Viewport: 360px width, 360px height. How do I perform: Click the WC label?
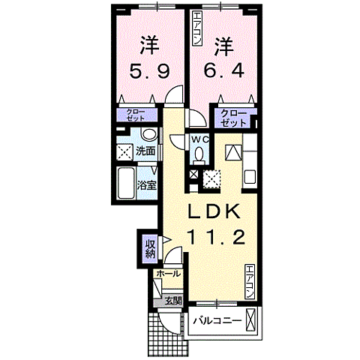coord(199,140)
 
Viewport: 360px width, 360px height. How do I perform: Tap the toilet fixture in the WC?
coord(199,154)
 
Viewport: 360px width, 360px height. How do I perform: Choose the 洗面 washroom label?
coord(145,151)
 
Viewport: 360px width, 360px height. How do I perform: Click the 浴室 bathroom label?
coord(145,185)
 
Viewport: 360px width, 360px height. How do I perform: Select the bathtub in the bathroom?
coord(124,184)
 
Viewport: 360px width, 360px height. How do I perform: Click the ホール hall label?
coord(169,274)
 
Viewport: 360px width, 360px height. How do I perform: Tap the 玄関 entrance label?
coord(172,301)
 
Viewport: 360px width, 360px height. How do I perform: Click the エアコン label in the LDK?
coord(250,281)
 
